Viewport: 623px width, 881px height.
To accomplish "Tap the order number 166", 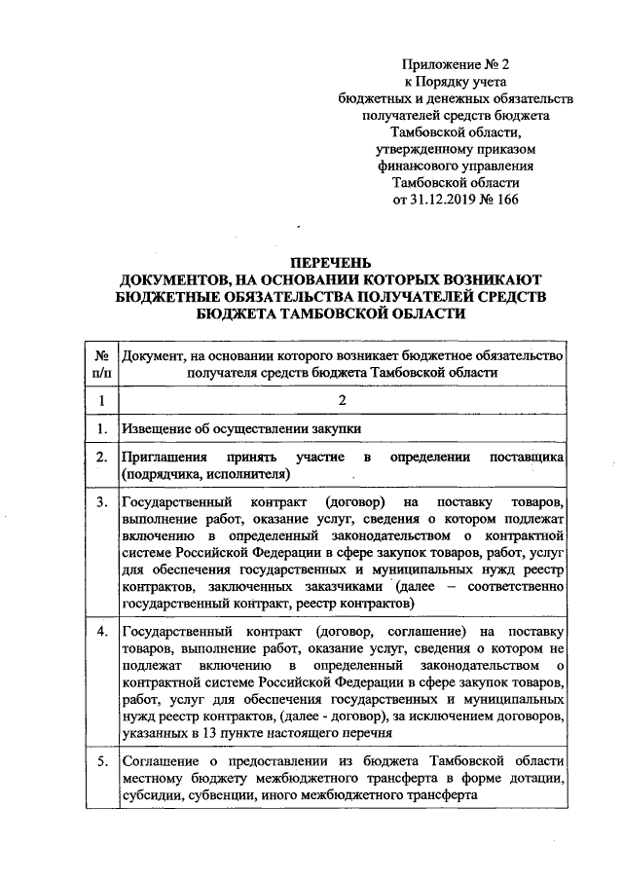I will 507,201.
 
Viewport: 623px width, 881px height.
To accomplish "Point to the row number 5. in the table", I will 101,758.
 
